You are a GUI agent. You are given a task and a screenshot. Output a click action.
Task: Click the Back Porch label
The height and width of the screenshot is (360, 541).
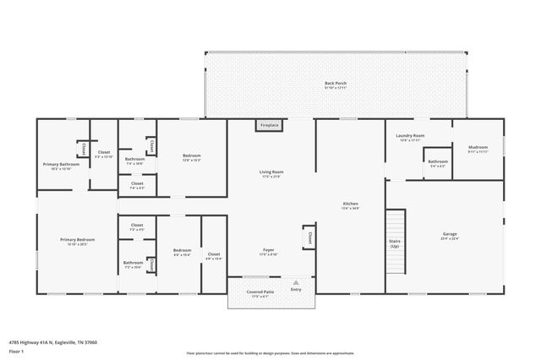click(336, 84)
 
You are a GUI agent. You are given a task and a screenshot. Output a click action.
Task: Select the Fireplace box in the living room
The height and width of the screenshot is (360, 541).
click(270, 125)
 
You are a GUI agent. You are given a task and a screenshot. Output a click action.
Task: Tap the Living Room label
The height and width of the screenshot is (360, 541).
click(270, 173)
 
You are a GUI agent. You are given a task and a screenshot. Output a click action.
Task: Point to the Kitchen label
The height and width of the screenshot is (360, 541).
click(350, 205)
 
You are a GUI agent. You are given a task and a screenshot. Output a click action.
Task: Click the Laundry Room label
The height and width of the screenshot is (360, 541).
click(411, 136)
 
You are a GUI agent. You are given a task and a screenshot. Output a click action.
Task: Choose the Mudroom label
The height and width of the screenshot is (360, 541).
click(478, 149)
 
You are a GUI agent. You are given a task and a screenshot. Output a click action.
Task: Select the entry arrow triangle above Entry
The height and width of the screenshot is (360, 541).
click(296, 281)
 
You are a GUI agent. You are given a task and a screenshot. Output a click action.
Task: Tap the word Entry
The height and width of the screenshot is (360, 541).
click(296, 290)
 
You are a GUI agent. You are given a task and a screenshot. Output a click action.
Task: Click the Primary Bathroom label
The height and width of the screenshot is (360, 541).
click(62, 164)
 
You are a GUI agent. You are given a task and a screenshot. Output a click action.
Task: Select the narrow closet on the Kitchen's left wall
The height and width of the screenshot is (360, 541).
click(309, 237)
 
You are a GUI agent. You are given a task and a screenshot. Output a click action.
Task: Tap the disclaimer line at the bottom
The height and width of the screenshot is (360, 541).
click(270, 352)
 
